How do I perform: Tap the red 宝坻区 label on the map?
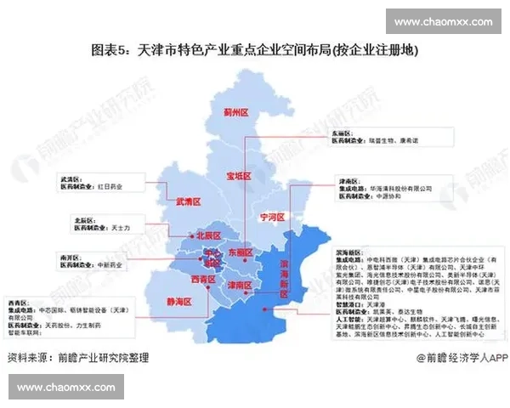[239, 176]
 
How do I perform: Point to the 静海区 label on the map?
[180, 301]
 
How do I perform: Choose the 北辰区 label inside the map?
[208, 235]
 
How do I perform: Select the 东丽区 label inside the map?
[241, 252]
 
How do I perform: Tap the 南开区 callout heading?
[70, 255]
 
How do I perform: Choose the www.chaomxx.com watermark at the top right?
[443, 21]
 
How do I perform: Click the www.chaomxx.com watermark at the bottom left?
[65, 388]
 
